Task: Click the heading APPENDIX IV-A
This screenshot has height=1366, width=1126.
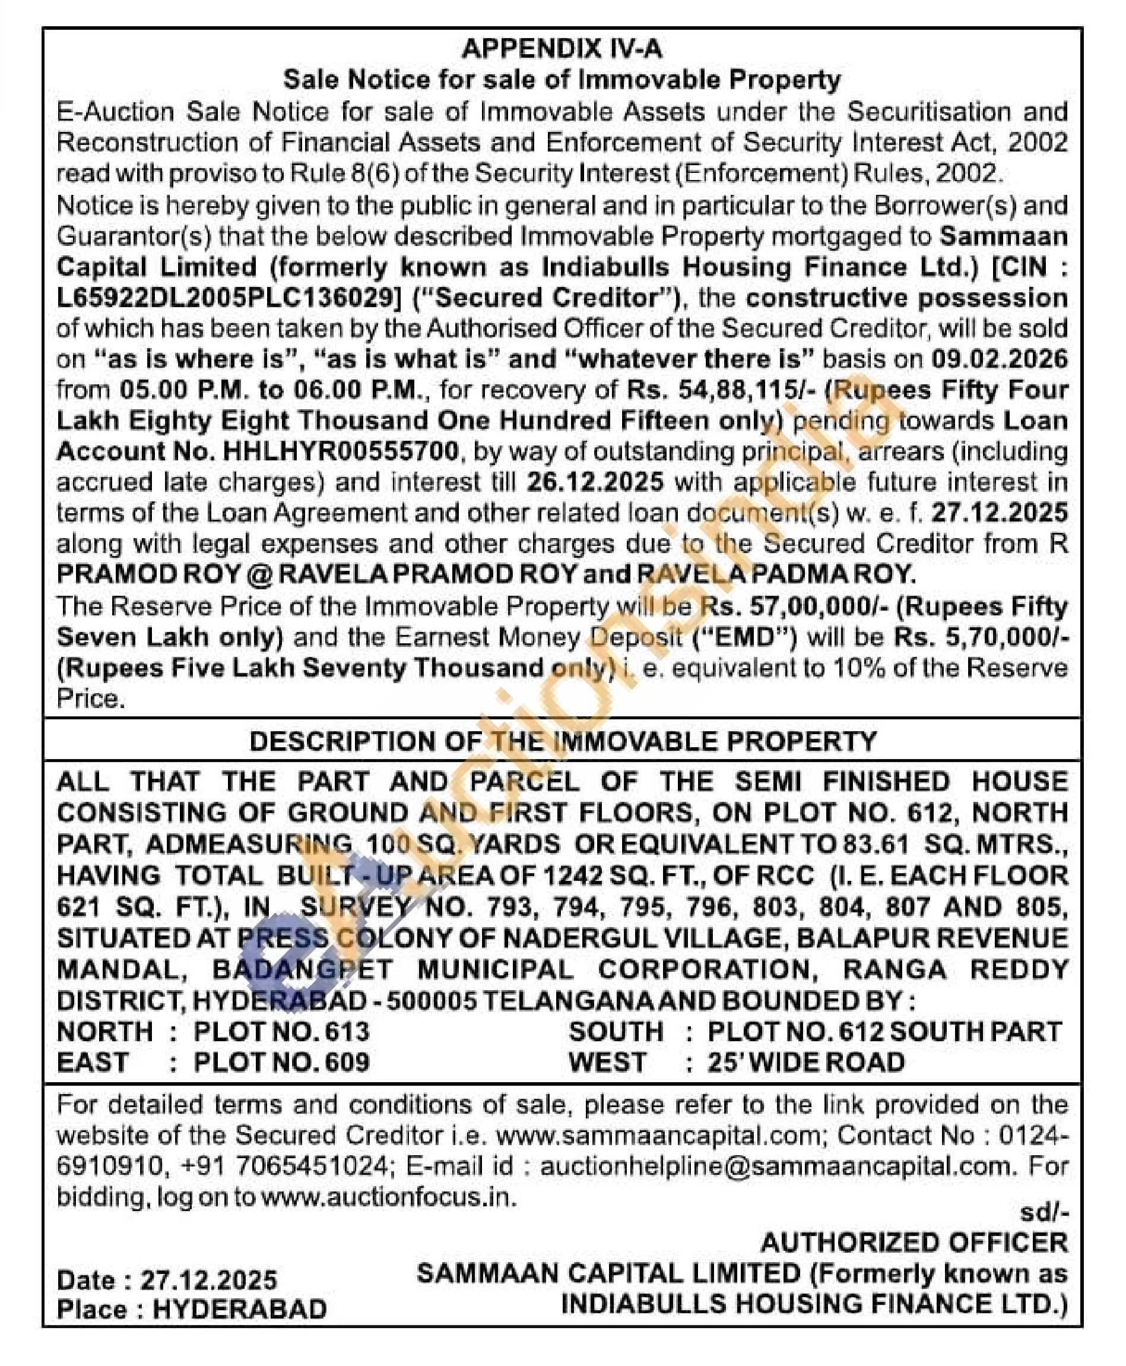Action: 562,49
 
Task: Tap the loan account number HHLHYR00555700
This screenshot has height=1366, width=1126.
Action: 340,451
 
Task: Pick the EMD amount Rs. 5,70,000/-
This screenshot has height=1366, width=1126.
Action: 980,637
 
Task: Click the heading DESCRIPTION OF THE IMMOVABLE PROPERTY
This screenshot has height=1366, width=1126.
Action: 562,741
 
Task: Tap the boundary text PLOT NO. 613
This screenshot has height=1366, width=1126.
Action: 281,1031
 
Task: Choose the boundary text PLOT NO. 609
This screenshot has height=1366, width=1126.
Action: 281,1063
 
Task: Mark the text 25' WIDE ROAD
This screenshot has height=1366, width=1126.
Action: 805,1063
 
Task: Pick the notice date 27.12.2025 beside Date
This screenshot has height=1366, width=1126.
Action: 209,1280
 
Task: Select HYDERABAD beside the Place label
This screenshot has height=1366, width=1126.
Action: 239,1310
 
